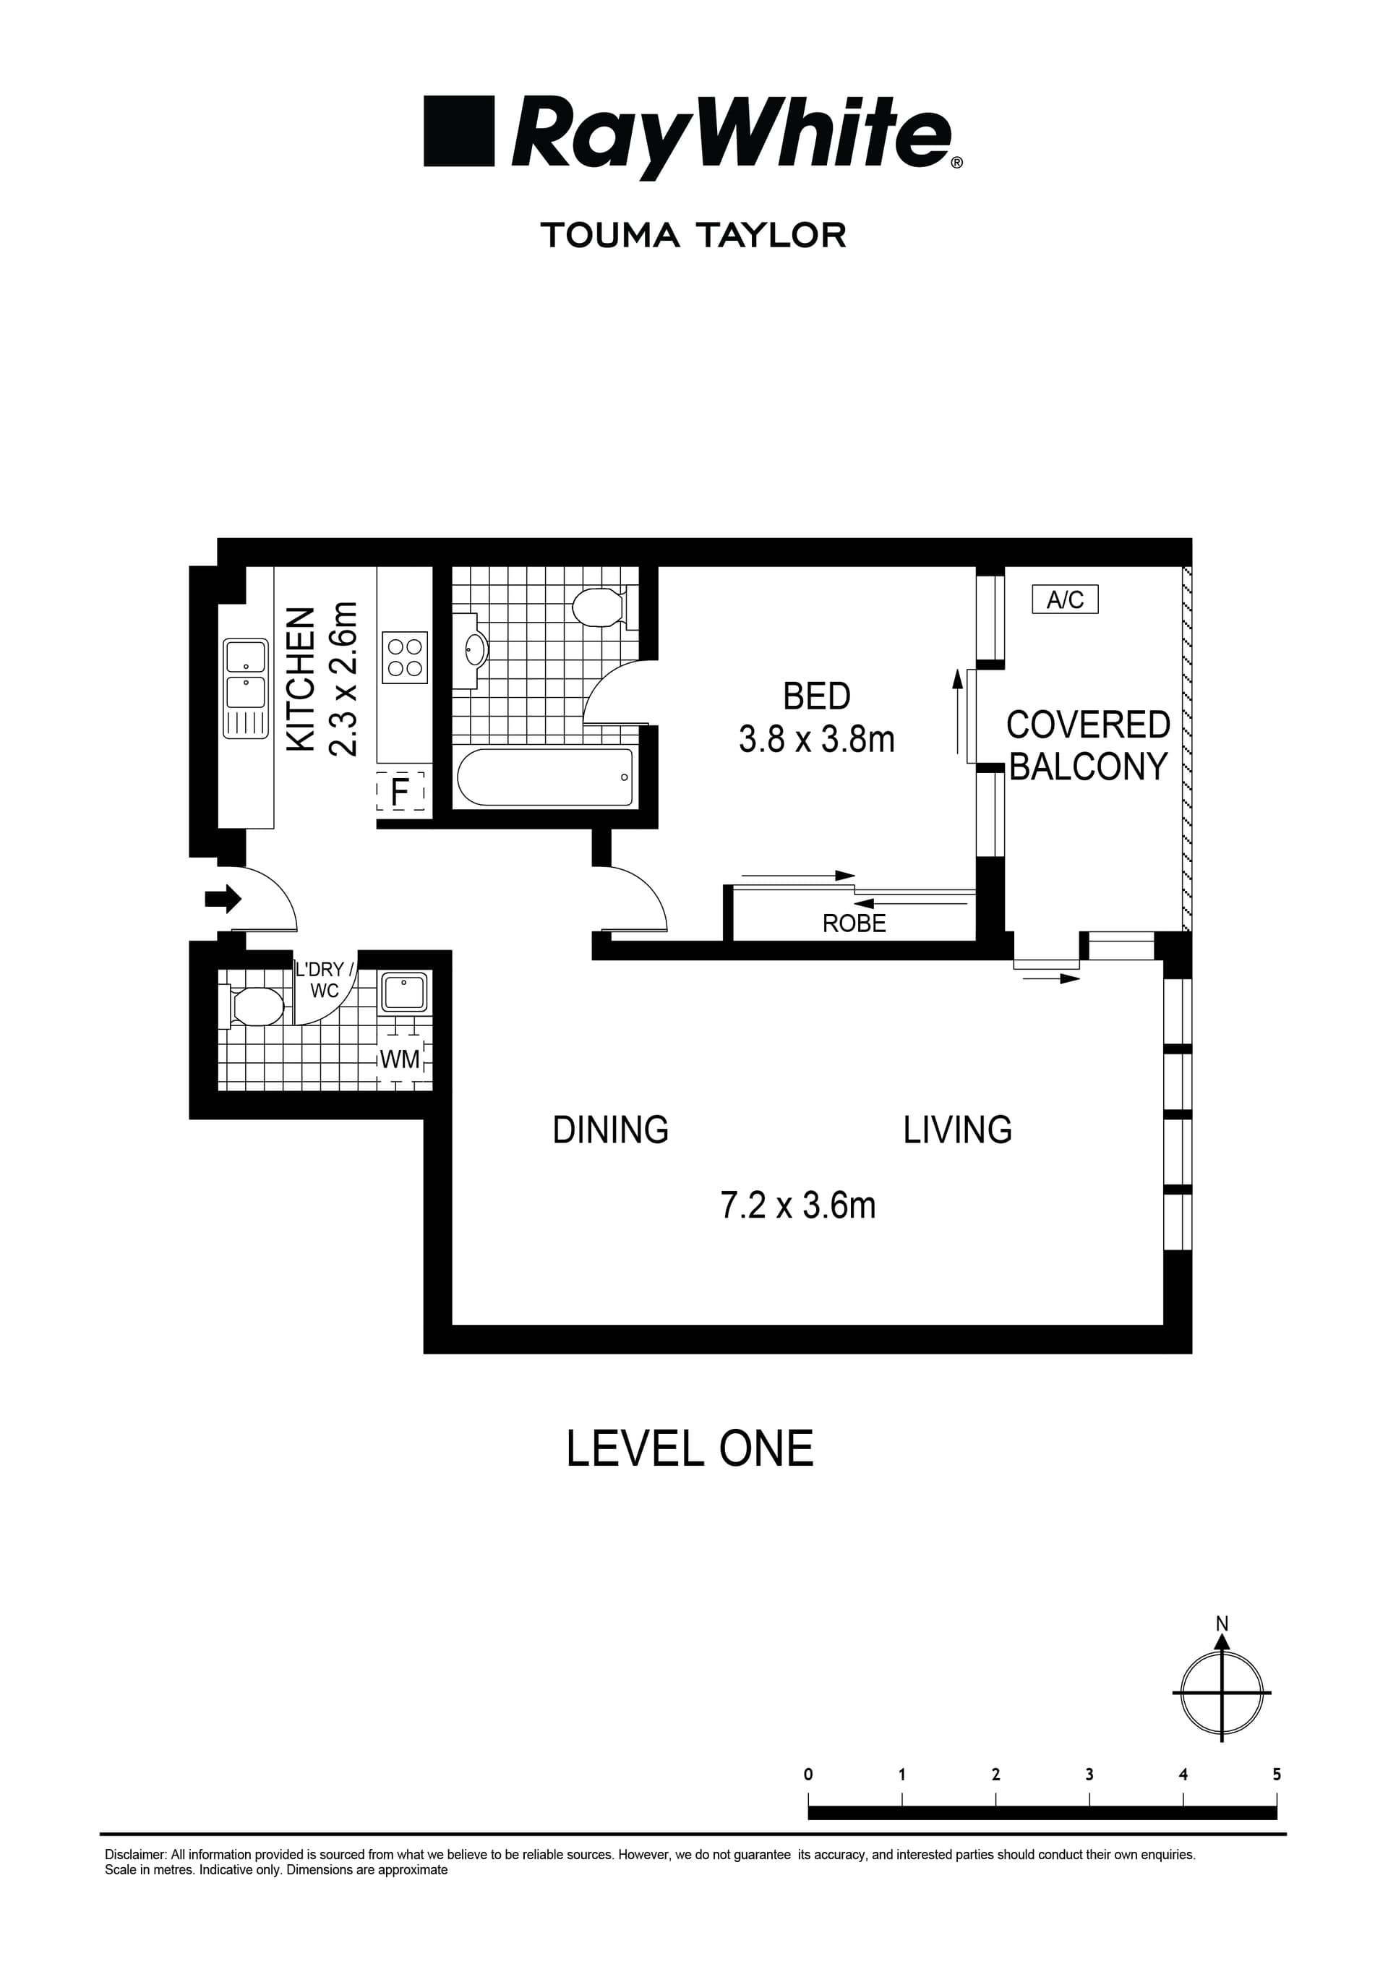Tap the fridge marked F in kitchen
400,790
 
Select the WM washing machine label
399,1059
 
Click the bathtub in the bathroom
545,777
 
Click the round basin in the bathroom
476,649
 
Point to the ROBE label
854,923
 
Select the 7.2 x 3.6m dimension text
798,1205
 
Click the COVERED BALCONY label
1087,745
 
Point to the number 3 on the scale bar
1089,1774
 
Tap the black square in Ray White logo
459,131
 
